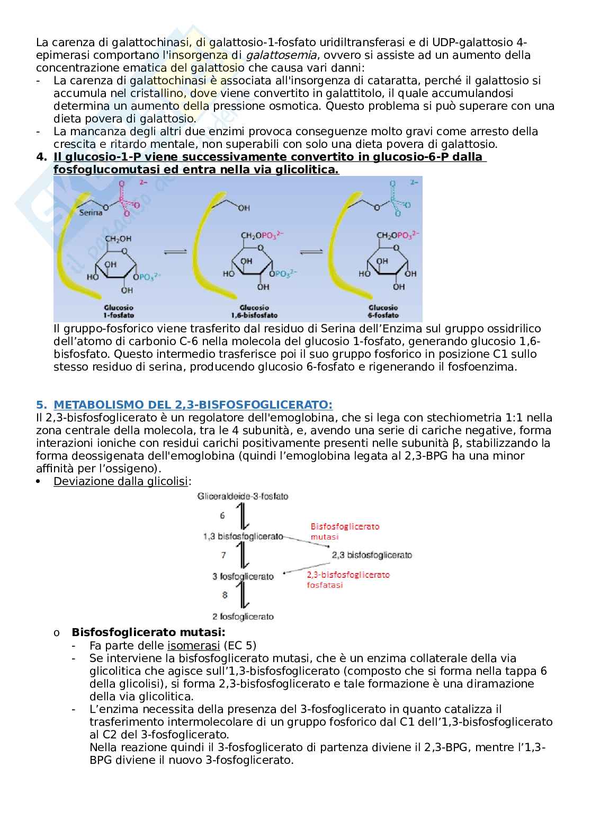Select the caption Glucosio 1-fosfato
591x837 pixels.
pyautogui.click(x=118, y=311)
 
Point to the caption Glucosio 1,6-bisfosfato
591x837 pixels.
pyautogui.click(x=254, y=311)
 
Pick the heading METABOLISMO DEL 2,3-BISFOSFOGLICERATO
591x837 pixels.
pyautogui.click(x=193, y=405)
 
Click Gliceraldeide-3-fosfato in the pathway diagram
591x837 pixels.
pyautogui.click(x=243, y=496)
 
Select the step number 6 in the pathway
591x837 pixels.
pyautogui.click(x=223, y=515)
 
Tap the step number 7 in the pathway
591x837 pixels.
pyautogui.click(x=223, y=555)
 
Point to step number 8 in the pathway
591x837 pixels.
pyautogui.click(x=225, y=595)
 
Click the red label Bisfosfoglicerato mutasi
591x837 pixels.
pyautogui.click(x=344, y=531)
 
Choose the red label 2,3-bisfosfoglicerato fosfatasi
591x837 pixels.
pyautogui.click(x=348, y=579)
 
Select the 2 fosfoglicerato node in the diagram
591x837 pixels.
pyautogui.click(x=243, y=616)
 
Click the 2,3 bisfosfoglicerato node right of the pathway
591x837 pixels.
pyautogui.click(x=372, y=555)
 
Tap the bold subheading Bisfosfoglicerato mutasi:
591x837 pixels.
pyautogui.click(x=148, y=632)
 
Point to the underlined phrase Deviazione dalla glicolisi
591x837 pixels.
pyautogui.click(x=121, y=481)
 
